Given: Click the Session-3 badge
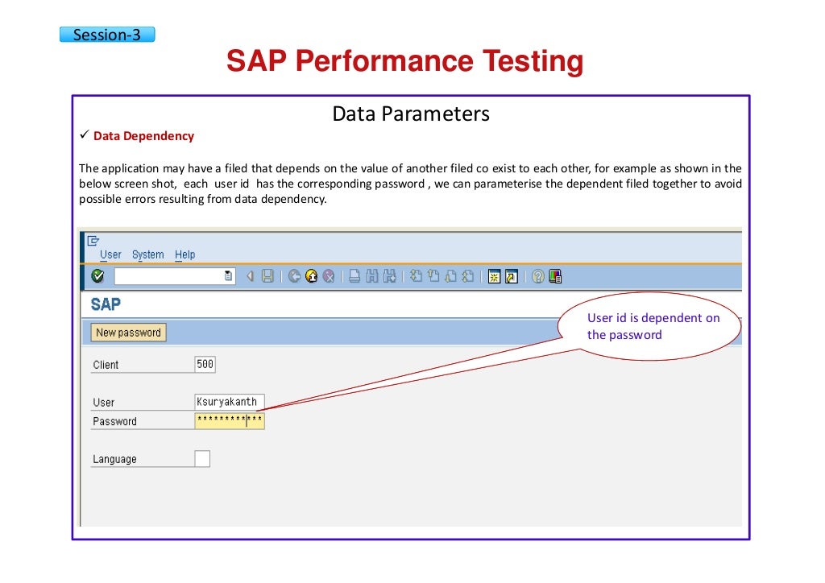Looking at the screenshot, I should coord(106,35).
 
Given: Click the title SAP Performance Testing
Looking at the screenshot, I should coord(404,62).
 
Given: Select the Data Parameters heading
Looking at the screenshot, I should coord(411,114).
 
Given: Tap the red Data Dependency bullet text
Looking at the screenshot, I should coord(143,136).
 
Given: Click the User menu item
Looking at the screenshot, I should coord(110,254).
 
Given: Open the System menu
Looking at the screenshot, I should coord(147,254).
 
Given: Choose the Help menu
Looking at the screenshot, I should coord(185,254).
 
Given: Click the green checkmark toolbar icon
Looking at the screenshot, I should coord(97,276).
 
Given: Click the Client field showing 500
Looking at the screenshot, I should coord(205,364).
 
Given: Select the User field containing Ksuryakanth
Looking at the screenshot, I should coord(229,402).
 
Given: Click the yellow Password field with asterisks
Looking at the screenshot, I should coord(229,420).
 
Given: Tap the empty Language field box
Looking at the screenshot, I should coord(202,458).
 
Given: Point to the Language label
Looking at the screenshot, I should coord(114,459).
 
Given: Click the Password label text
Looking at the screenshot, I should coord(114,421).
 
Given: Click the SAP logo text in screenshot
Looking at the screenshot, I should coord(106,304).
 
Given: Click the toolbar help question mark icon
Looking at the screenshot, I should coord(538,276).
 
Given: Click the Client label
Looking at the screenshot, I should coord(106,365).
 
